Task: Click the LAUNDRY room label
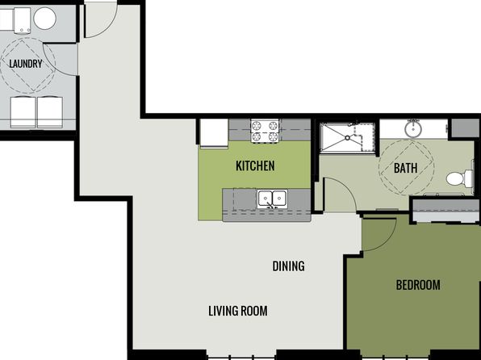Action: click(x=26, y=64)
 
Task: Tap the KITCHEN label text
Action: click(x=255, y=165)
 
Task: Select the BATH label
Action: click(x=405, y=168)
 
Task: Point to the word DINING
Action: click(x=288, y=266)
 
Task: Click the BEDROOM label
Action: click(x=418, y=285)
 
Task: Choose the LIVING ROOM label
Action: click(x=238, y=311)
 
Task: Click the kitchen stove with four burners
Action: click(x=265, y=131)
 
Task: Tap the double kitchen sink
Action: click(x=272, y=199)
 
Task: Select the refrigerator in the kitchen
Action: click(x=214, y=133)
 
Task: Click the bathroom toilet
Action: click(x=460, y=178)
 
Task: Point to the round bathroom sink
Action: click(x=413, y=129)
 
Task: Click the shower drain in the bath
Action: click(x=347, y=138)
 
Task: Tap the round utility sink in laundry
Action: click(x=44, y=19)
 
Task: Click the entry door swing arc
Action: click(x=109, y=28)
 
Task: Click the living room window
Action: click(x=241, y=358)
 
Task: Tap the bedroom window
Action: click(x=395, y=358)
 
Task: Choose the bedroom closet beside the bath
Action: click(x=445, y=211)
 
